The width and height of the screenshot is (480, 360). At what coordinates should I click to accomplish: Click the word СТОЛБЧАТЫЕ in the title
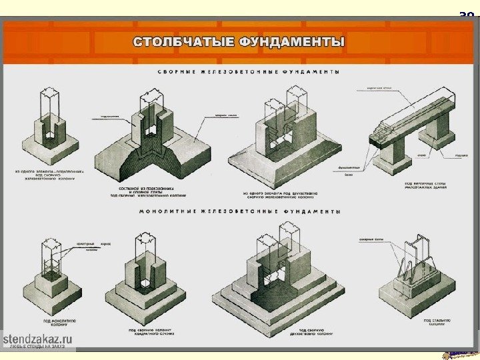(175, 42)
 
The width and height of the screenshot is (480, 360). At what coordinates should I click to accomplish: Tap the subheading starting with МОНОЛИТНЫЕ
(241, 212)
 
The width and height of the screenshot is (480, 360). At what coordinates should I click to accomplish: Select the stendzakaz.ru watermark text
(39, 340)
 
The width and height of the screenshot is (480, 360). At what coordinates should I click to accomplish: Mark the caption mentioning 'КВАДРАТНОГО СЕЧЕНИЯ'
(148, 330)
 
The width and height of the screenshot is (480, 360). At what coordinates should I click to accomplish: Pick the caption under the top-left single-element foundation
(47, 175)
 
